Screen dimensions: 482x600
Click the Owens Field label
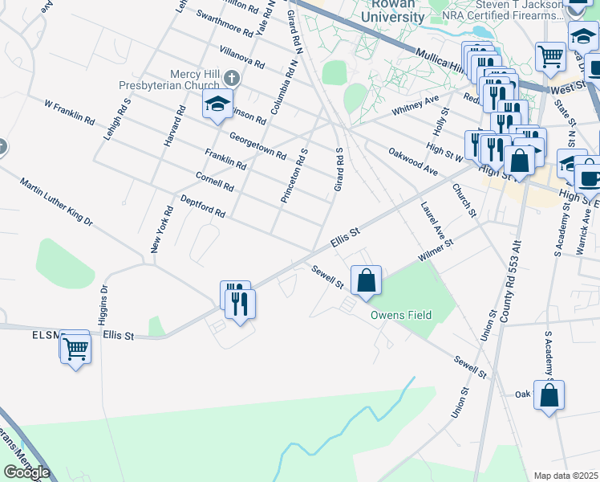tap(400, 315)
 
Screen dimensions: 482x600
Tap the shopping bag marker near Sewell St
tap(366, 281)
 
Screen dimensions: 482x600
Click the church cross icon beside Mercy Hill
tap(232, 78)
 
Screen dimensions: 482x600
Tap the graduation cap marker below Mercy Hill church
tap(217, 104)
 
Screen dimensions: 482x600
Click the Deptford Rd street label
tap(202, 206)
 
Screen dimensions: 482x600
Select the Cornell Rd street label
tap(214, 181)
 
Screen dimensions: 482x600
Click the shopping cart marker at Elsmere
tap(75, 349)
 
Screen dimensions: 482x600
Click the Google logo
tap(26, 472)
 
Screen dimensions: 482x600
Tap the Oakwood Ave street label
tap(413, 160)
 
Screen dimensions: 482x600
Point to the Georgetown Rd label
tap(257, 144)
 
